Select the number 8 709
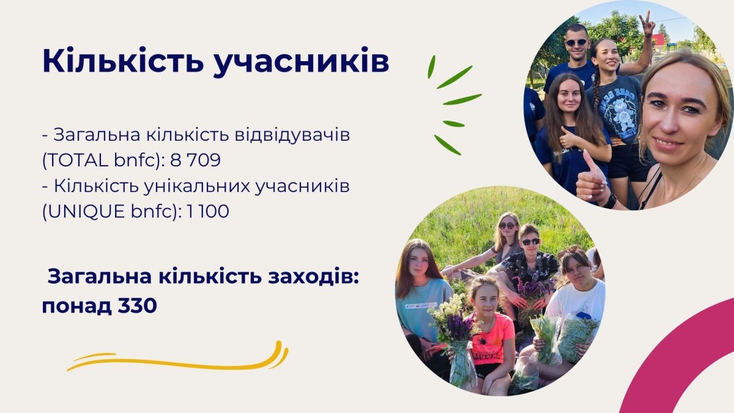pyautogui.click(x=195, y=160)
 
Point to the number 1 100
pyautogui.click(x=208, y=211)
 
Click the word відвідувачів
pyautogui.click(x=292, y=135)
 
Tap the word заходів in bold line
pyautogui.click(x=313, y=277)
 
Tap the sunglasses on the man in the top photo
pyautogui.click(x=576, y=42)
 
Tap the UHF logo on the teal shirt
pyautogui.click(x=421, y=305)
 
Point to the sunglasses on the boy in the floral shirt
pyautogui.click(x=531, y=242)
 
